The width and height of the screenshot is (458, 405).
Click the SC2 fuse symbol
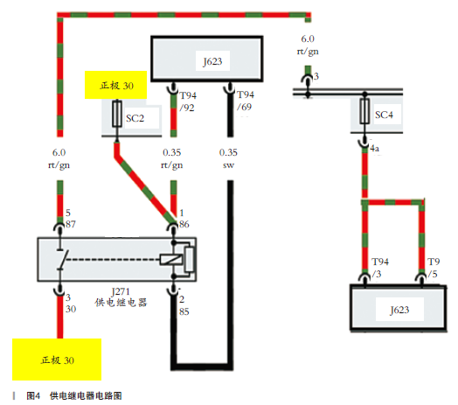tap(117, 114)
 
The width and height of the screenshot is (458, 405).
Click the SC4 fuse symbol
tap(364, 111)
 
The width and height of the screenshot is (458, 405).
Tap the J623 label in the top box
tap(212, 61)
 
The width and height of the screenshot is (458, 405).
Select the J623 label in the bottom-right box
tap(399, 310)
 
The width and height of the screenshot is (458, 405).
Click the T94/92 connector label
tap(188, 101)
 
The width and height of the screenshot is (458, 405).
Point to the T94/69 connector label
tap(246, 101)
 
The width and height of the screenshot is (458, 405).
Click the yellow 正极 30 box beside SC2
tap(115, 85)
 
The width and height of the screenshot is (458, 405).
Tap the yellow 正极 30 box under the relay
tap(57, 360)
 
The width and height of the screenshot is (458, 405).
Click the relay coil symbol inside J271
tap(170, 260)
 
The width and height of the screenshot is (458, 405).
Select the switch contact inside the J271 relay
tap(62, 260)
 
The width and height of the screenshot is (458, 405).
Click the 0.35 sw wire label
tap(228, 158)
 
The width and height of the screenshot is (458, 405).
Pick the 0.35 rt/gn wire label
tap(172, 158)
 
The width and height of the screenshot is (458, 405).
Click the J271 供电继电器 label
tap(121, 297)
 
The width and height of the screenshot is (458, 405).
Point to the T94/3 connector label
tap(379, 268)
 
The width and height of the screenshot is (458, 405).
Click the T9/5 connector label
tap(434, 268)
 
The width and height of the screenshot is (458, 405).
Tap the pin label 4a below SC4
tap(375, 149)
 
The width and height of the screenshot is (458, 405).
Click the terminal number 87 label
tap(71, 224)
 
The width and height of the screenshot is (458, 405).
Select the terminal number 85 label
tap(184, 311)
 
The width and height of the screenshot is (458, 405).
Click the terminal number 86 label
tap(184, 224)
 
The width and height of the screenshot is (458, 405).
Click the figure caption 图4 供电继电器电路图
tap(74, 396)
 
